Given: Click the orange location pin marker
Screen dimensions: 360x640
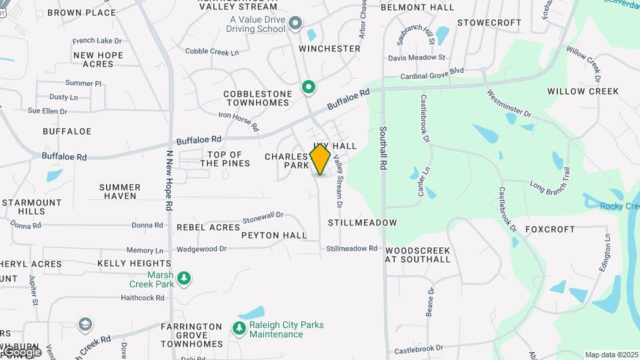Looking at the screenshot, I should [320, 159].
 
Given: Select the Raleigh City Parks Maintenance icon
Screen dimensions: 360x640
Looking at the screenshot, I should [239, 328].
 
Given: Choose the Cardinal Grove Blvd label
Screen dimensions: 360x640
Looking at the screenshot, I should [432, 75].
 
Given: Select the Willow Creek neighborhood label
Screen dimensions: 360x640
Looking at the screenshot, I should [583, 91].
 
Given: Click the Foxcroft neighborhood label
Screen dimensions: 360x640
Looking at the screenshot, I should [550, 229].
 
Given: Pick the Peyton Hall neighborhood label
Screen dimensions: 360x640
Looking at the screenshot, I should [274, 235].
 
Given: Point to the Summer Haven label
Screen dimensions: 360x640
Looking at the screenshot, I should [120, 191].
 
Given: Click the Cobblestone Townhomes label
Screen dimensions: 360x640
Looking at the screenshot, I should [257, 98].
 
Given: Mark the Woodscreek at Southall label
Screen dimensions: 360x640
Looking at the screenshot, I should [418, 255].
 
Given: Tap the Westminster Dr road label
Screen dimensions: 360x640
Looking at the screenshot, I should [509, 104].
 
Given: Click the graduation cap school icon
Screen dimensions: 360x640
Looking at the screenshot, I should [85, 325].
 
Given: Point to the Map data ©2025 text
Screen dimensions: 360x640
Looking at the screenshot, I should [611, 355].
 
